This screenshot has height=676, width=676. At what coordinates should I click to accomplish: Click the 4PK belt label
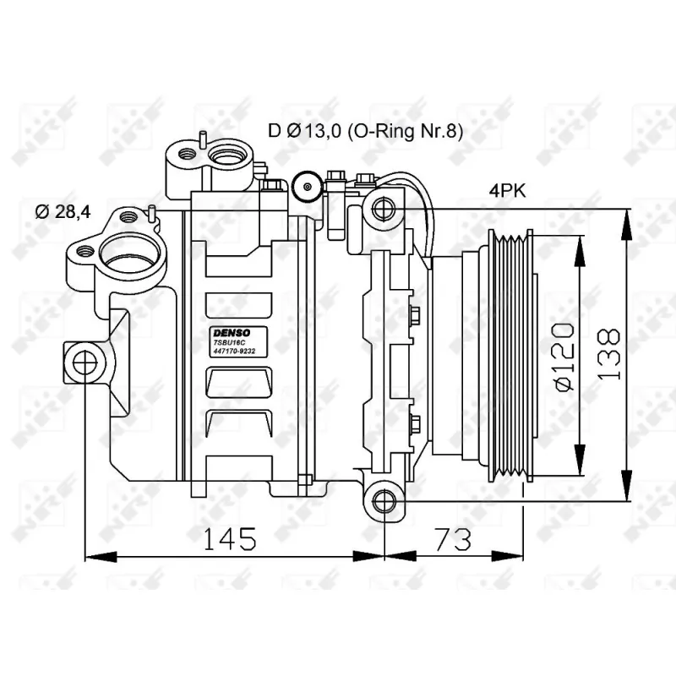(x=507, y=191)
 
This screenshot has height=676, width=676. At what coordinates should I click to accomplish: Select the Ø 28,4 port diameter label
(x=63, y=212)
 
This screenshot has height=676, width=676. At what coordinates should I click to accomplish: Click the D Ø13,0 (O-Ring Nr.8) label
(x=365, y=130)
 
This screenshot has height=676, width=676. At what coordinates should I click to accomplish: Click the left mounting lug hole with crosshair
(x=84, y=362)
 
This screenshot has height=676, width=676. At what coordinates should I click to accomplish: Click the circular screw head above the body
(x=305, y=185)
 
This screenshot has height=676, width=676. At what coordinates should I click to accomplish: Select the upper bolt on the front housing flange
(x=414, y=316)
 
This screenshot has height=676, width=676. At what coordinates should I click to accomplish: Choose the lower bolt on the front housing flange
(x=414, y=422)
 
